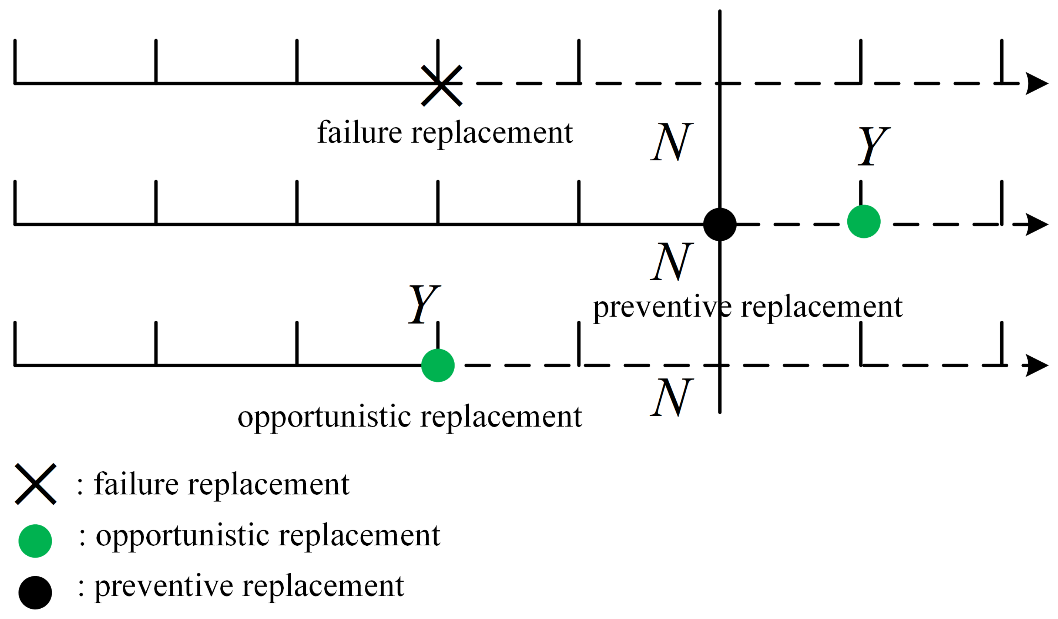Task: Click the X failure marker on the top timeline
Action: pyautogui.click(x=442, y=86)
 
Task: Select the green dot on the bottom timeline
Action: pyautogui.click(x=438, y=366)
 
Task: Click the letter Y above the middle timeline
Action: pyautogui.click(x=873, y=146)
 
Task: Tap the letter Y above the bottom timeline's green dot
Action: pyautogui.click(x=424, y=304)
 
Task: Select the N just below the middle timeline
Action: pyautogui.click(x=672, y=262)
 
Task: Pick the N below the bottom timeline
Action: pyautogui.click(x=672, y=397)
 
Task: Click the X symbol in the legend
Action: pyautogui.click(x=36, y=484)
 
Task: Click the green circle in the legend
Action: pyautogui.click(x=35, y=541)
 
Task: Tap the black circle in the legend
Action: pyautogui.click(x=35, y=593)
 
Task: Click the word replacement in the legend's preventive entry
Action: pyautogui.click(x=323, y=586)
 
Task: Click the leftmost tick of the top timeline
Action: pyautogui.click(x=15, y=62)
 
